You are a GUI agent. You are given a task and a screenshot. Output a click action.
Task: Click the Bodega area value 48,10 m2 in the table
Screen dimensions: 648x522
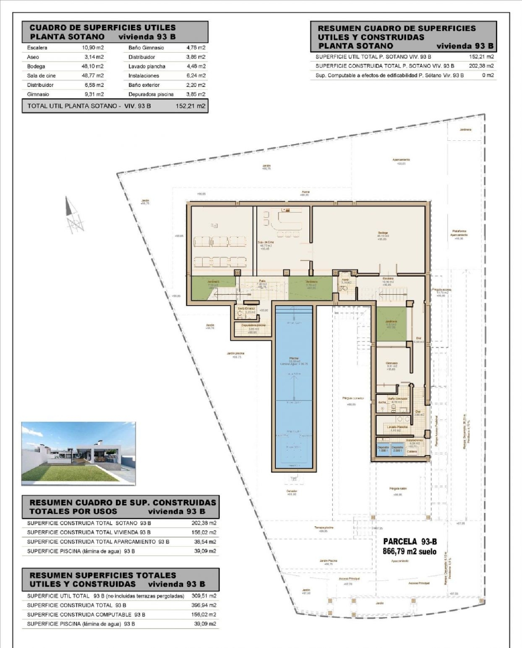pyautogui.click(x=93, y=66)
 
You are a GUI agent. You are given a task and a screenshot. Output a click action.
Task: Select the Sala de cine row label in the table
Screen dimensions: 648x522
pyautogui.click(x=41, y=76)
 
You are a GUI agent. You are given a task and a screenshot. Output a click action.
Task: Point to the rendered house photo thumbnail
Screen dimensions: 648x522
pyautogui.click(x=78, y=453)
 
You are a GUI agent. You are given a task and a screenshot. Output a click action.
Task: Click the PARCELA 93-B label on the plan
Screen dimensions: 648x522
pyautogui.click(x=410, y=541)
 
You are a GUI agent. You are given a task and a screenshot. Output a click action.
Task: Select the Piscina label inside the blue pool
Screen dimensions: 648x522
pyautogui.click(x=294, y=358)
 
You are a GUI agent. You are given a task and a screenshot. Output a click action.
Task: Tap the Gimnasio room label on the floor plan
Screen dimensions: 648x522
pyautogui.click(x=391, y=363)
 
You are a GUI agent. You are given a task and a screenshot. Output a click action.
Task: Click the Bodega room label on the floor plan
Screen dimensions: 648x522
pyautogui.click(x=383, y=233)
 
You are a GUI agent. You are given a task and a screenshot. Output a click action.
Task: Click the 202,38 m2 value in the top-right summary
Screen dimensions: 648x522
pyautogui.click(x=481, y=66)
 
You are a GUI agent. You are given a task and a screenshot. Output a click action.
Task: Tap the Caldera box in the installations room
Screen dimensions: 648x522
pyautogui.click(x=412, y=451)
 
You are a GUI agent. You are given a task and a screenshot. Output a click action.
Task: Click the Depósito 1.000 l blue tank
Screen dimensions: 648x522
pyautogui.click(x=383, y=449)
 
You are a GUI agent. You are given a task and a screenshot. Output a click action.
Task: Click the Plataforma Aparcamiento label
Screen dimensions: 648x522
pyautogui.click(x=459, y=233)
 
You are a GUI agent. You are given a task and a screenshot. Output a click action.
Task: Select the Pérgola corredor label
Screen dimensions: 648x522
pyautogui.click(x=353, y=398)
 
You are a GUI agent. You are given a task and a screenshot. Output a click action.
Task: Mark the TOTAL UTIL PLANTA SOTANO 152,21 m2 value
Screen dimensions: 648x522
pyautogui.click(x=190, y=106)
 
